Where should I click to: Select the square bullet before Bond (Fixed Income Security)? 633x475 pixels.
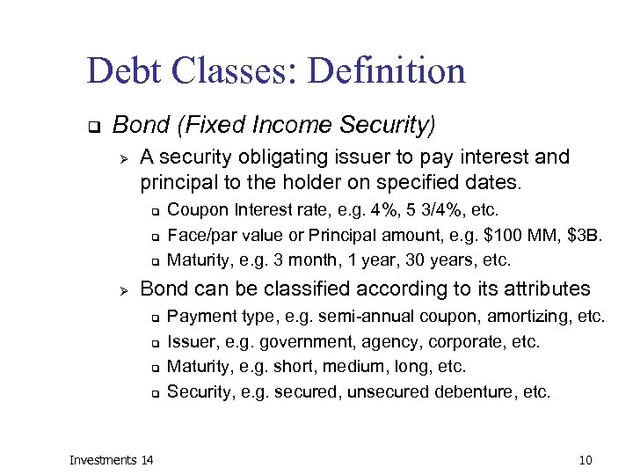click(92, 127)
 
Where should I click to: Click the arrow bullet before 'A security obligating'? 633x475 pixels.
click(124, 158)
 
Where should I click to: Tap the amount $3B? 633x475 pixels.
click(585, 235)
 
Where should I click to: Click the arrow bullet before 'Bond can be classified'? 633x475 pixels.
click(124, 289)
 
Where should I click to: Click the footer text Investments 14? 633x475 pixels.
click(111, 460)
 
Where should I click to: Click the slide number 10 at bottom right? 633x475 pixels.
click(586, 460)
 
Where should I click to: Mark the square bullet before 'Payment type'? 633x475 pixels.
click(153, 318)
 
